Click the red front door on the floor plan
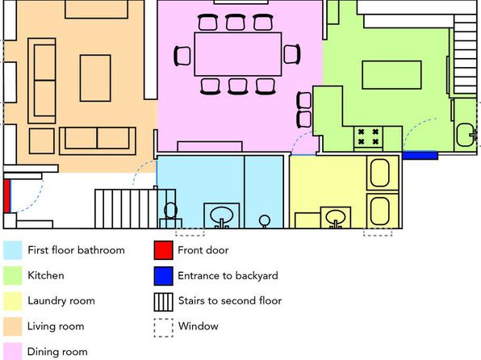6,196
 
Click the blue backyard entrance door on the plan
420,155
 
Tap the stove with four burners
368,137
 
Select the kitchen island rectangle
391,75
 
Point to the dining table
238,54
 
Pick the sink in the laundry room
335,218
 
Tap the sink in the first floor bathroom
221,216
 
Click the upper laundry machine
380,173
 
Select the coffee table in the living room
95,78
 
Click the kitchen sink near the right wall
466,135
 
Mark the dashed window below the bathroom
190,232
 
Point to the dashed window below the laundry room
378,232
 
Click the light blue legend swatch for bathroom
13,250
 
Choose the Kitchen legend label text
46,275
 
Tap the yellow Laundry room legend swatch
13,301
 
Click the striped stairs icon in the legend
164,302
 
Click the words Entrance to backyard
228,275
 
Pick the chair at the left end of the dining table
182,56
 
